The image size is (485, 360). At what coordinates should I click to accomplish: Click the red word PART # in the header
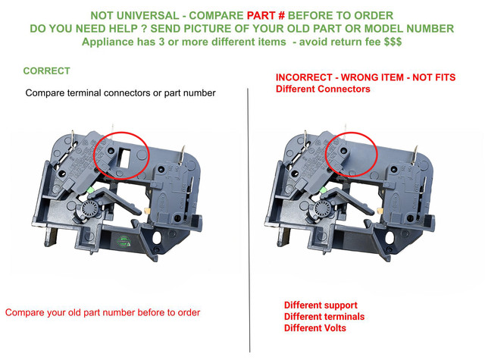(x=261, y=15)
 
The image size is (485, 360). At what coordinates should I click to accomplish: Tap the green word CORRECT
(x=46, y=70)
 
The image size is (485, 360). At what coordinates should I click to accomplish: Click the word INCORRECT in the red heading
(x=304, y=77)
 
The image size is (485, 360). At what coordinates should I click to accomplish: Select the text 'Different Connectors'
(x=323, y=89)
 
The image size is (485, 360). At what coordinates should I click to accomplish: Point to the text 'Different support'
(x=321, y=305)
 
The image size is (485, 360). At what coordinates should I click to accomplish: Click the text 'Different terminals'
(x=324, y=316)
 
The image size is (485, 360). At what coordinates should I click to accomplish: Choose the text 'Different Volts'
(x=315, y=328)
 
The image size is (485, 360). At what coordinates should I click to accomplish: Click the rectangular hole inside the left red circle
(x=124, y=158)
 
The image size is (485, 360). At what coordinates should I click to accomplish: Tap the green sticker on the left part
(x=123, y=241)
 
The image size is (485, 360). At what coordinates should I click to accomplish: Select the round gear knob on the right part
(x=322, y=208)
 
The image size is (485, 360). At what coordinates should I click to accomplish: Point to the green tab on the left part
(x=91, y=190)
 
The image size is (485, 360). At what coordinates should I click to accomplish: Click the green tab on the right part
(x=323, y=190)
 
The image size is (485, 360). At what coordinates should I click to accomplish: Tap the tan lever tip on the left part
(x=147, y=211)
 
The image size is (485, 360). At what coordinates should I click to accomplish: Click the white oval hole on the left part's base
(x=157, y=237)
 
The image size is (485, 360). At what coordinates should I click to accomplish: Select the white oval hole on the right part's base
(x=389, y=237)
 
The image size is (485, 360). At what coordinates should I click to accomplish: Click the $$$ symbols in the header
(x=393, y=42)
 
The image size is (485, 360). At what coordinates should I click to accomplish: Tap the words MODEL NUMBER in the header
(x=409, y=29)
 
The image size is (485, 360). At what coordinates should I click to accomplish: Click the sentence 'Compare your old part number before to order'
(x=103, y=312)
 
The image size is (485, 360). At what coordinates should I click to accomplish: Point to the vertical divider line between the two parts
(x=249, y=221)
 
